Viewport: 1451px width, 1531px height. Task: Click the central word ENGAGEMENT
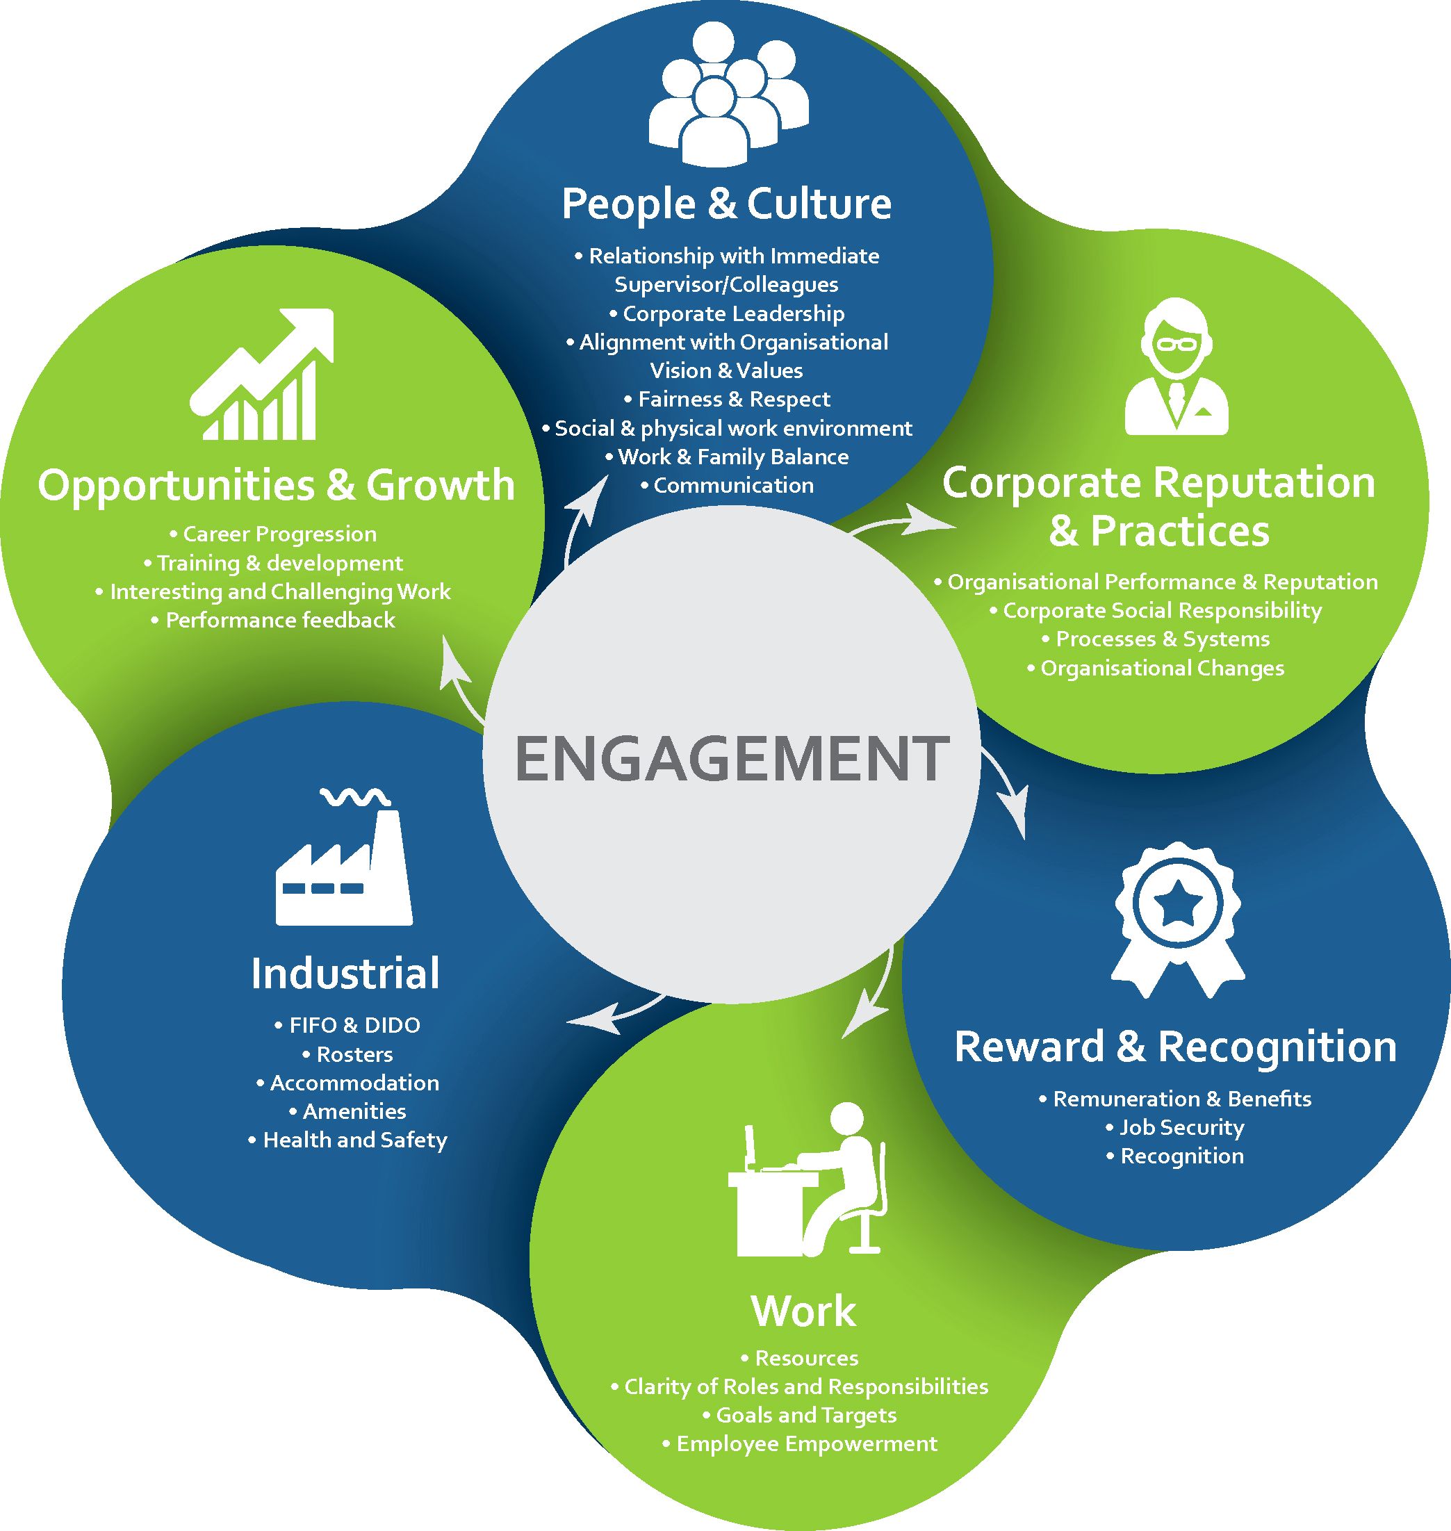coord(731,758)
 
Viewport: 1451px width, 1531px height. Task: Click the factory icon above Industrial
coord(343,859)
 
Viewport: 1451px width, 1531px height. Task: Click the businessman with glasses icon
coord(1177,368)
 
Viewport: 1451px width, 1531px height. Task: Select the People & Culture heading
coord(726,204)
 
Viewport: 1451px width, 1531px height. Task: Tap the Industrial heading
coord(345,973)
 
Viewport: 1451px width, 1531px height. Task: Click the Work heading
coord(803,1311)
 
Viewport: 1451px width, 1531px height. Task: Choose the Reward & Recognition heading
coord(1176,1047)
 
